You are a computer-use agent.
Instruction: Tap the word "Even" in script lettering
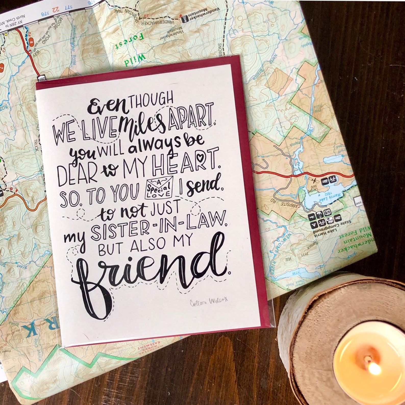coord(108,106)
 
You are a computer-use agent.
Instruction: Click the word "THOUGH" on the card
coord(151,100)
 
